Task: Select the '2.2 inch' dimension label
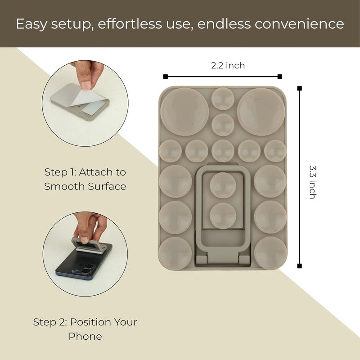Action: pyautogui.click(x=228, y=66)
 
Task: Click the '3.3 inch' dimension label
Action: pyautogui.click(x=312, y=182)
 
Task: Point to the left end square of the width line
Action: pyautogui.click(x=166, y=76)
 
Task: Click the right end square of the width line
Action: pyautogui.click(x=280, y=76)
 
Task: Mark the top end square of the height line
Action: pyautogui.click(x=299, y=89)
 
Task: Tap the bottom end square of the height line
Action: pyautogui.click(x=299, y=266)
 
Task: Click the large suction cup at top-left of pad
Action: pyautogui.click(x=184, y=112)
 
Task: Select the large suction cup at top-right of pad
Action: pyautogui.click(x=261, y=112)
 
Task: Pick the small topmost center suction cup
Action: pyautogui.click(x=223, y=99)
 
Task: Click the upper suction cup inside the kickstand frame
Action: pyautogui.click(x=223, y=185)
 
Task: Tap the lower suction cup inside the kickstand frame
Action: pyautogui.click(x=223, y=214)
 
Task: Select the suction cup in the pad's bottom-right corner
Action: pyautogui.click(x=270, y=252)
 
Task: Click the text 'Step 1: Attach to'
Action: pyautogui.click(x=85, y=172)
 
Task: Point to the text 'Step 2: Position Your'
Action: pyautogui.click(x=85, y=322)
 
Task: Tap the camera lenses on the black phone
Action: pyautogui.click(x=85, y=268)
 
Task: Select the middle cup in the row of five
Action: pyautogui.click(x=223, y=151)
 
